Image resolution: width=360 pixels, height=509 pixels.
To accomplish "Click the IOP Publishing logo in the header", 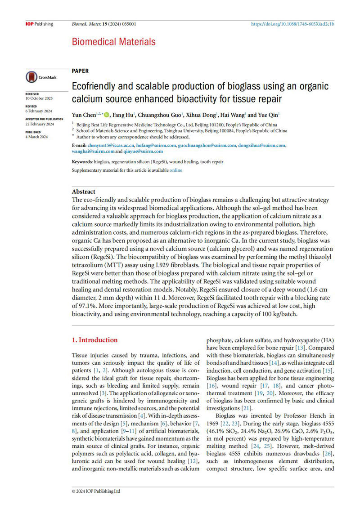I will [39, 24].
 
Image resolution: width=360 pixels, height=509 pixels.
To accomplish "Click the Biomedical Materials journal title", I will [114, 42].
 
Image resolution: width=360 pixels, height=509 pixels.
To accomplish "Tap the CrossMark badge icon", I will [41, 77].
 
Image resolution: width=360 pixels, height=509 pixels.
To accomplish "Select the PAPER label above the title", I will [80, 71].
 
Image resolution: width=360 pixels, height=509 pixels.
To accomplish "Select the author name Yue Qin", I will [269, 115].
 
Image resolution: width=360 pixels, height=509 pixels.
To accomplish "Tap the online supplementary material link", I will [175, 170].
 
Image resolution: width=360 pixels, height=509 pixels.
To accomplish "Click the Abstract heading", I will [84, 191].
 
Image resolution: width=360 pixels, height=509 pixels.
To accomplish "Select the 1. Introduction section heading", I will [95, 340].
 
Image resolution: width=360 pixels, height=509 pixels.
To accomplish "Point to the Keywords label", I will [82, 161].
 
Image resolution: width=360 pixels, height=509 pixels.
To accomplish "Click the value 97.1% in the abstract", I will [85, 306].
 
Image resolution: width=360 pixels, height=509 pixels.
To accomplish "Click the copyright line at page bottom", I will [96, 491].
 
